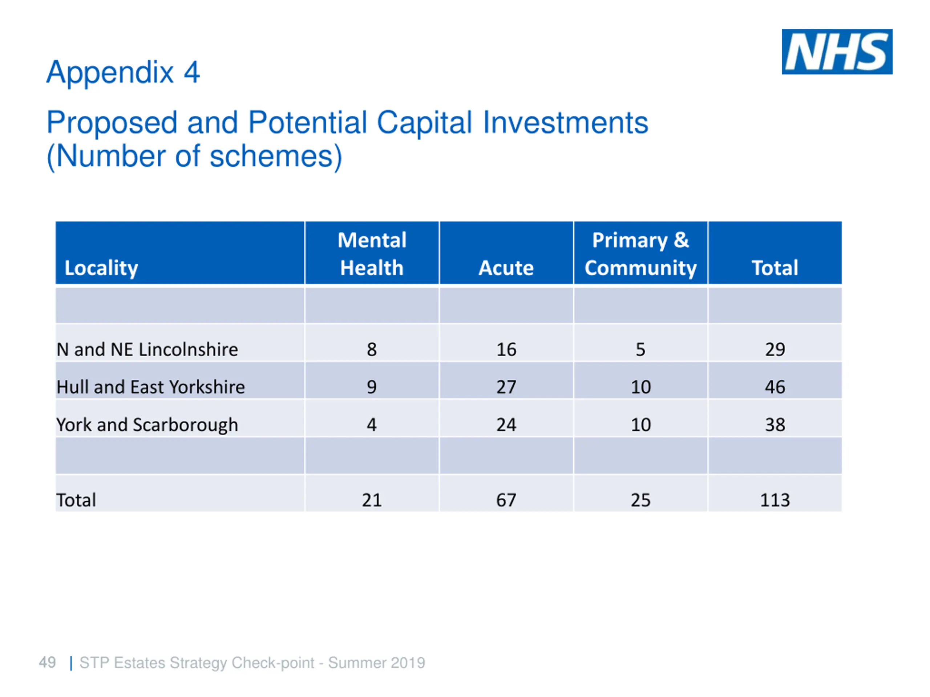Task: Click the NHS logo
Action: (x=837, y=52)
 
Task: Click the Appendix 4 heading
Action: (x=123, y=72)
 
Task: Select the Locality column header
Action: (x=101, y=268)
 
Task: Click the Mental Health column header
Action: (x=372, y=254)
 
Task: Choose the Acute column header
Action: (x=506, y=268)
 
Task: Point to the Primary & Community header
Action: (x=640, y=254)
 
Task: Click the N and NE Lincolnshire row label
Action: (x=147, y=349)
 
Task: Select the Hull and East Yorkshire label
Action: (x=150, y=387)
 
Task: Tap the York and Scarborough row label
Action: (x=147, y=425)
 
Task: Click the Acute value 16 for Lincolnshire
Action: (x=506, y=349)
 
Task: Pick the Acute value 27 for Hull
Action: (x=506, y=387)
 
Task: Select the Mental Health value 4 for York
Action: (x=372, y=425)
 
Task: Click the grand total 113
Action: (x=775, y=500)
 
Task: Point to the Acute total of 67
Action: (x=506, y=500)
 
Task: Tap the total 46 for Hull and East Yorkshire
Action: (x=775, y=387)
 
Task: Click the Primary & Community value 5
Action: (x=640, y=349)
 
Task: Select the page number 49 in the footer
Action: (x=47, y=663)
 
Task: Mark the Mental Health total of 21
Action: (x=372, y=500)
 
